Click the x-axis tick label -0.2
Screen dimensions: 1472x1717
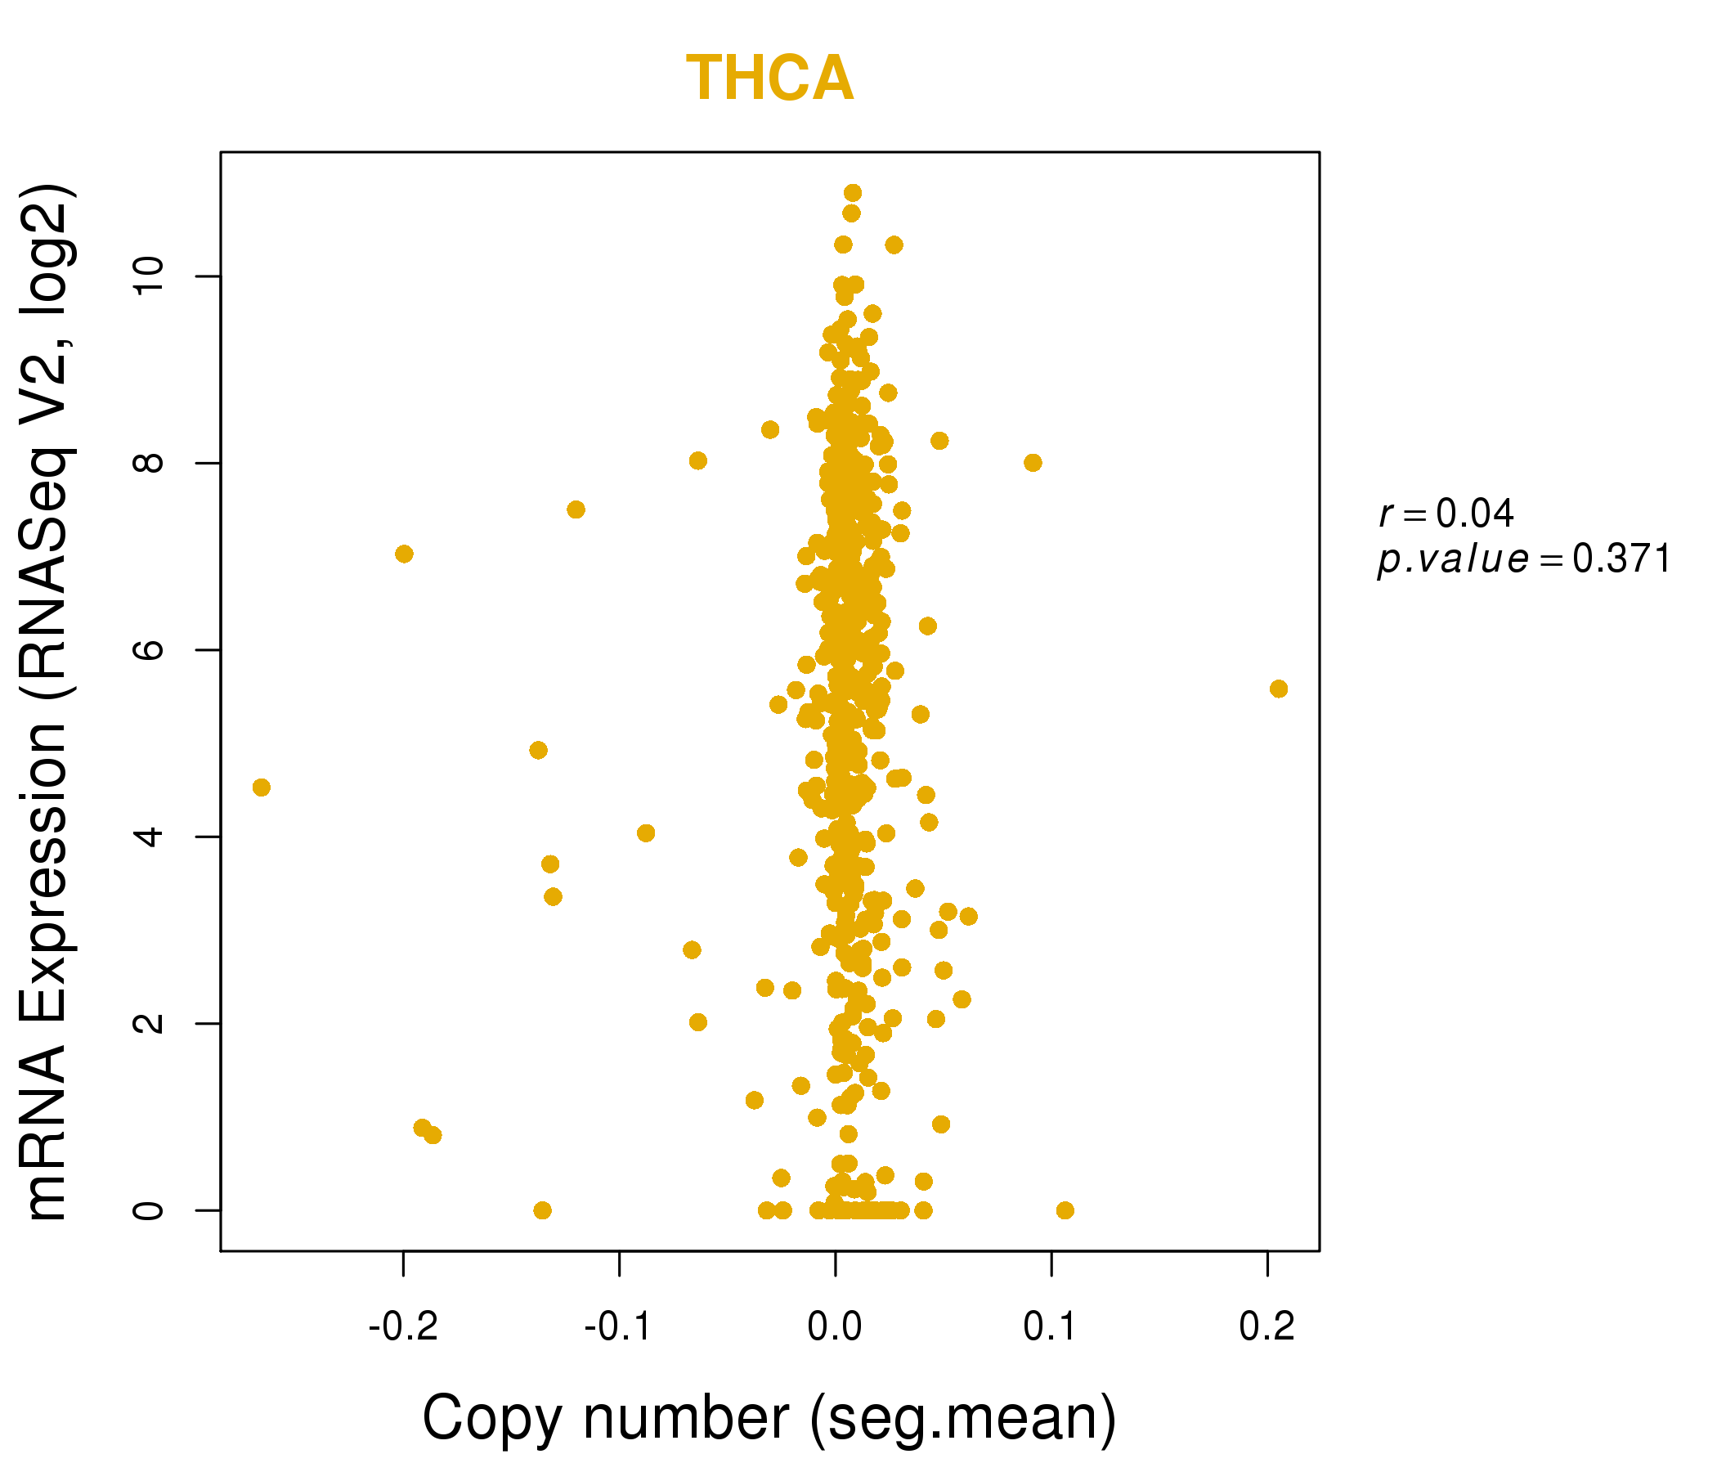point(403,1327)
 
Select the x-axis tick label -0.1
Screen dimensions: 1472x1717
point(619,1327)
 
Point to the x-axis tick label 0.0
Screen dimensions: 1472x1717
point(835,1327)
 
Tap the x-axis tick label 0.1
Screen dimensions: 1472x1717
point(1050,1327)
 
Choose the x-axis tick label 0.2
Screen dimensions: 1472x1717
point(1266,1327)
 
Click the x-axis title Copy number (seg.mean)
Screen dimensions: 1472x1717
point(769,1419)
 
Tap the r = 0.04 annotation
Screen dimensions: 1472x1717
point(1446,514)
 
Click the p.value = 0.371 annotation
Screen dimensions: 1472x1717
point(1523,559)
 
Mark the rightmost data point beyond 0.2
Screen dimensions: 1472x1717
point(1278,689)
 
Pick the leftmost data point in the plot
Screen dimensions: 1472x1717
point(261,788)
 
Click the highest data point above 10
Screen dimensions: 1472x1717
point(852,193)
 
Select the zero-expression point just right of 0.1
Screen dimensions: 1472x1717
point(1065,1210)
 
